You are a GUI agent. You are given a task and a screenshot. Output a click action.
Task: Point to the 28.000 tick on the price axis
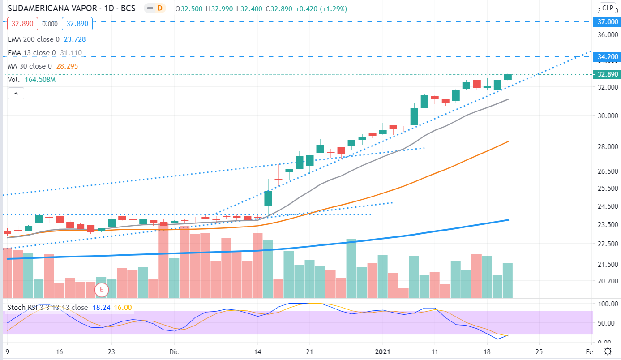click(607, 147)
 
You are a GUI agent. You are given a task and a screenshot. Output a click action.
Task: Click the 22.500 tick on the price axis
click(607, 244)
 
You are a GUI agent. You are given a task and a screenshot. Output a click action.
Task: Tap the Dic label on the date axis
click(174, 351)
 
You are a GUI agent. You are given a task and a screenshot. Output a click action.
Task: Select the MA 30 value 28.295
click(65, 66)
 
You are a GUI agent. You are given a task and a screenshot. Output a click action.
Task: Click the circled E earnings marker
click(102, 290)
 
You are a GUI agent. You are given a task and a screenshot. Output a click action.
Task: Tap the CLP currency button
click(608, 8)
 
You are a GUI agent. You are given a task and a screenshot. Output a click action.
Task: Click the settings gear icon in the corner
click(608, 351)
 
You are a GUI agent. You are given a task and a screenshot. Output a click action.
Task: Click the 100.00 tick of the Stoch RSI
click(607, 304)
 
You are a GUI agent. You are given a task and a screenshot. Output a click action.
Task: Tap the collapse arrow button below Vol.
click(16, 94)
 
